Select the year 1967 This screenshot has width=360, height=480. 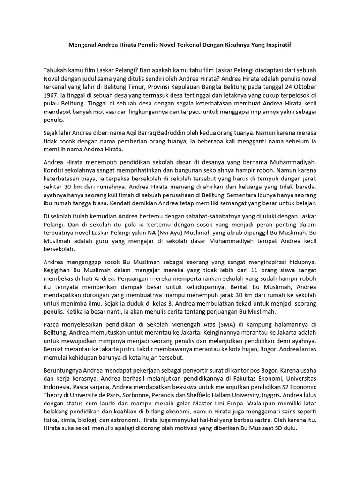(x=51, y=96)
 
